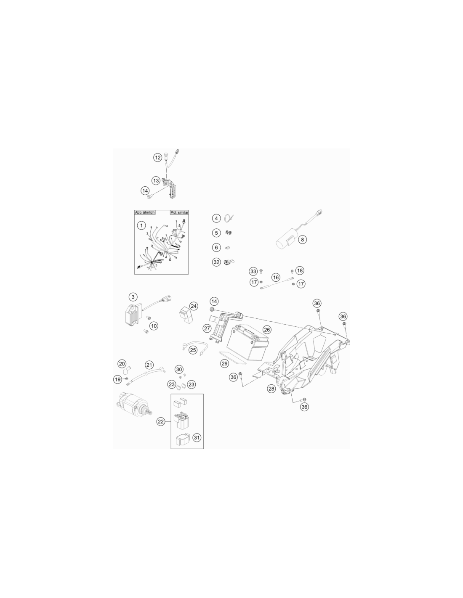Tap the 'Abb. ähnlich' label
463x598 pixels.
[145, 212]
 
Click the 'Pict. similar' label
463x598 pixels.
[179, 212]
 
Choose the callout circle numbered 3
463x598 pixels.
[133, 297]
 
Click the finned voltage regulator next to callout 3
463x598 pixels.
[134, 313]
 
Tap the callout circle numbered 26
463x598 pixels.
[266, 329]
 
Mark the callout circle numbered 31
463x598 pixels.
[197, 437]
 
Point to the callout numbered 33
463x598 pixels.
[253, 271]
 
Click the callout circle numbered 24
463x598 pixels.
[194, 306]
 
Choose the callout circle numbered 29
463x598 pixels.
[225, 363]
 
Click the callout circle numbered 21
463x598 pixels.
[149, 365]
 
